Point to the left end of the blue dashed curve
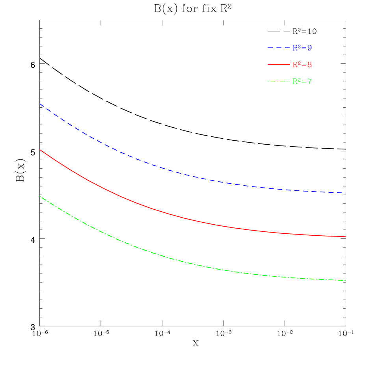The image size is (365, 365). pos(40,104)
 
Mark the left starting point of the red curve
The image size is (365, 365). pos(40,150)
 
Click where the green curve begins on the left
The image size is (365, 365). pos(40,196)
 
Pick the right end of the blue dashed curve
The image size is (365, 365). pos(346,193)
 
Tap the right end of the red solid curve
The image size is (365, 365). pos(346,237)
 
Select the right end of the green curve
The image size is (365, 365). pos(346,280)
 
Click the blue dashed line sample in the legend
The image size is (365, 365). pos(279,48)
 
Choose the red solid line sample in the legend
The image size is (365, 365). pos(279,65)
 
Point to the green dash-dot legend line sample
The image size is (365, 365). pos(279,82)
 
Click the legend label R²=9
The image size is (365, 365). pos(302,48)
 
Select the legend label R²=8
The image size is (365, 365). pos(302,65)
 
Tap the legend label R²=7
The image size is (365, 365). pos(302,82)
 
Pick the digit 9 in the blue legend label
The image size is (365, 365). pos(310,48)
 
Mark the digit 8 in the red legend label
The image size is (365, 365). pos(310,65)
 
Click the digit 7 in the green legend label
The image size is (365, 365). pos(310,82)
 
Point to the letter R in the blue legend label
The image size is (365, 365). pos(295,48)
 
